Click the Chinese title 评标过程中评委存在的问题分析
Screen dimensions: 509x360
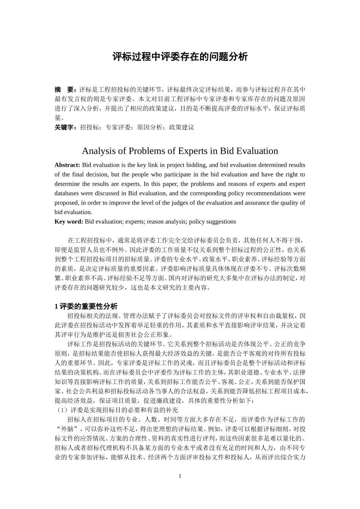pyautogui.click(x=180, y=57)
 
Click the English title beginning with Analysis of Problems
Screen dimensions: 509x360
pyautogui.click(x=180, y=151)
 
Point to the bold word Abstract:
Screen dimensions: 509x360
pyautogui.click(x=67, y=165)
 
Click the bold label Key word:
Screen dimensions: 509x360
pyautogui.click(x=69, y=222)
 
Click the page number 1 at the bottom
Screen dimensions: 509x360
pyautogui.click(x=180, y=476)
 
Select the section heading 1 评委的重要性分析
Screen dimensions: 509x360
pyautogui.click(x=86, y=306)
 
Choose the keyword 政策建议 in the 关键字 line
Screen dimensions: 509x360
pyautogui.click(x=182, y=127)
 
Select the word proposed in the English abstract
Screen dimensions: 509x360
pyautogui.click(x=66, y=203)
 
